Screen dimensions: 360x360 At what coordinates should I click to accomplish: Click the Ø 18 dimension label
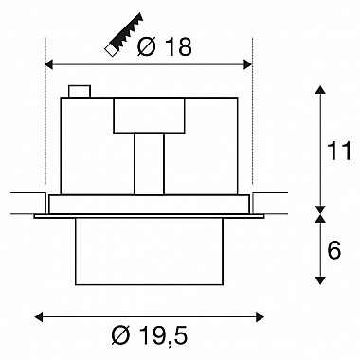[165, 47]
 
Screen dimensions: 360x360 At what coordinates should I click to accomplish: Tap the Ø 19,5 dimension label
[150, 335]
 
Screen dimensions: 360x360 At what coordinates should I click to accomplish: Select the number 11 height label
[339, 151]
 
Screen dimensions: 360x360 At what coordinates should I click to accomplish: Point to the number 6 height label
[334, 250]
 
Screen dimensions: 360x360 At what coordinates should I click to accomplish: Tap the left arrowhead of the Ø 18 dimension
[49, 65]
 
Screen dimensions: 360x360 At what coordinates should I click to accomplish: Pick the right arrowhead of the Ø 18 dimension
[248, 65]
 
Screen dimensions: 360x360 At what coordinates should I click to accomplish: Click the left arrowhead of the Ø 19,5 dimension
[38, 316]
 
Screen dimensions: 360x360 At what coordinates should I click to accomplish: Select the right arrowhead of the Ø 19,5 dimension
[260, 316]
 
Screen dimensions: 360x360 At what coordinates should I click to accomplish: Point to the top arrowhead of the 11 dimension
[320, 89]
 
